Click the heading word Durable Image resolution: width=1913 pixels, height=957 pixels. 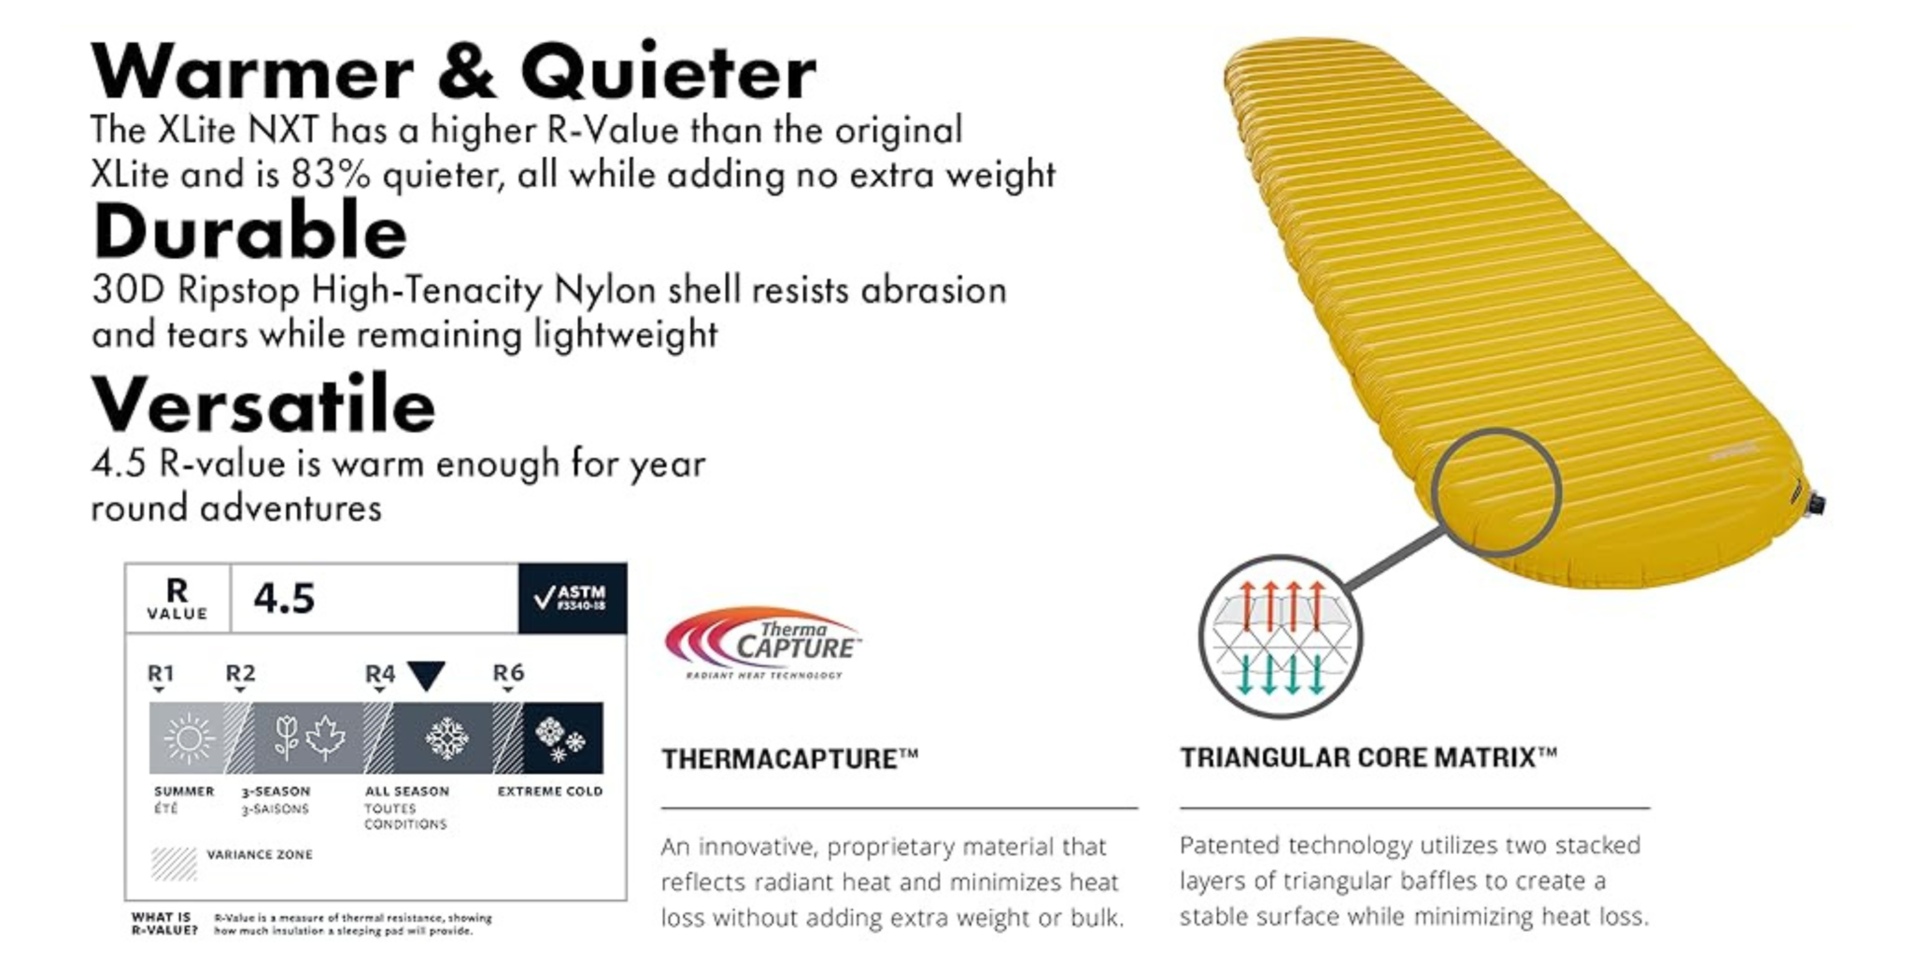click(249, 232)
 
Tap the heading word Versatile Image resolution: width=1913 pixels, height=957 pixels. click(263, 405)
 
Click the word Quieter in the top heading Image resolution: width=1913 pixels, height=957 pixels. click(668, 72)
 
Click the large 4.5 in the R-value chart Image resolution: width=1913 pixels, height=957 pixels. click(284, 598)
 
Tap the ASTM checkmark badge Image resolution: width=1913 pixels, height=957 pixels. click(572, 598)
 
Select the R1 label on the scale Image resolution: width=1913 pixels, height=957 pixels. click(161, 673)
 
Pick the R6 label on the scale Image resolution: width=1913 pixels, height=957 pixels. click(508, 673)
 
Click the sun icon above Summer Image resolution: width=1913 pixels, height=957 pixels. click(188, 738)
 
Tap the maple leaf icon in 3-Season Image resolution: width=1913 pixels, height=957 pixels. click(326, 737)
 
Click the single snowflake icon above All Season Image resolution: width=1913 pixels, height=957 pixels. click(446, 738)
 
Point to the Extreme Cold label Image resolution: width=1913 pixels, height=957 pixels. click(549, 792)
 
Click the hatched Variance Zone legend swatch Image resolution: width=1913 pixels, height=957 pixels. click(174, 864)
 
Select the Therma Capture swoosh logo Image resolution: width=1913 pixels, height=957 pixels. click(761, 644)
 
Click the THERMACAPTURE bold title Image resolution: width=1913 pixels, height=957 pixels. click(789, 759)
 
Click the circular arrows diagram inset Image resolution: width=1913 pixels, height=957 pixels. click(1280, 637)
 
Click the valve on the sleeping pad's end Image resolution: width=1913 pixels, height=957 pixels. click(1815, 505)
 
